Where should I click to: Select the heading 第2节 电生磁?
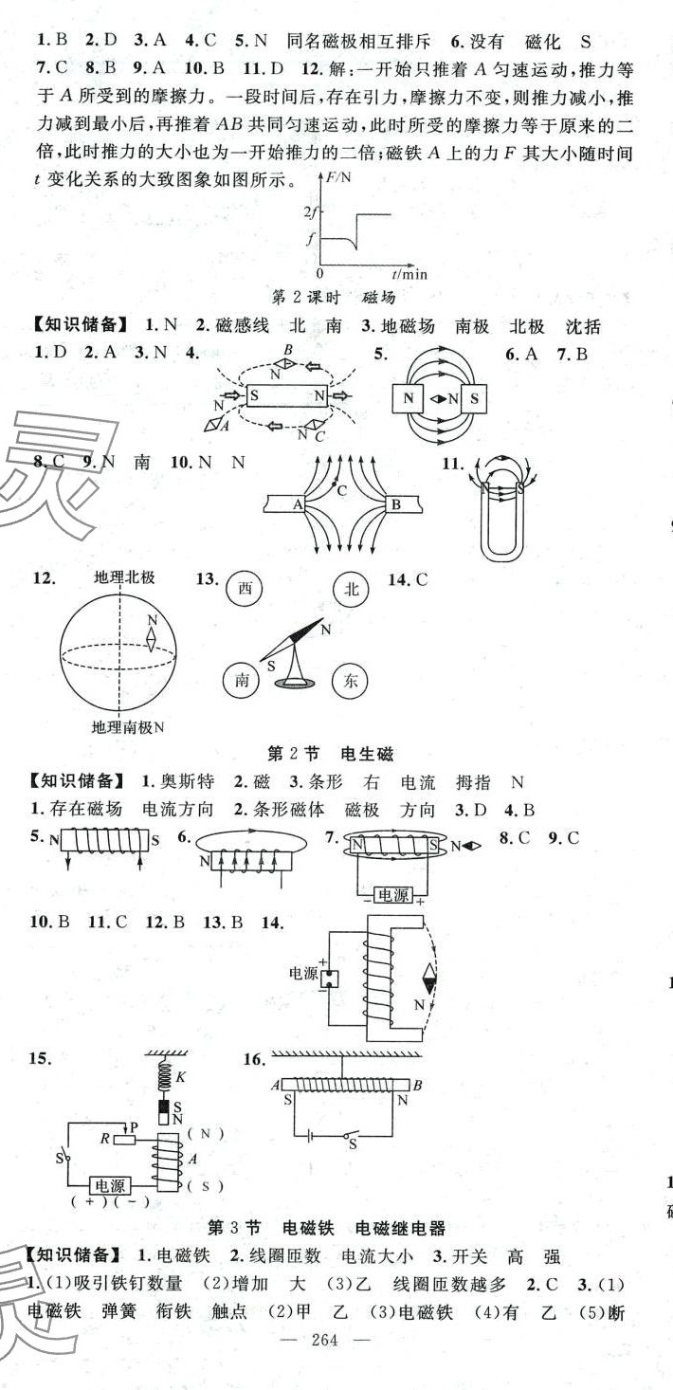330,754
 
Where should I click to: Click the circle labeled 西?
245,589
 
